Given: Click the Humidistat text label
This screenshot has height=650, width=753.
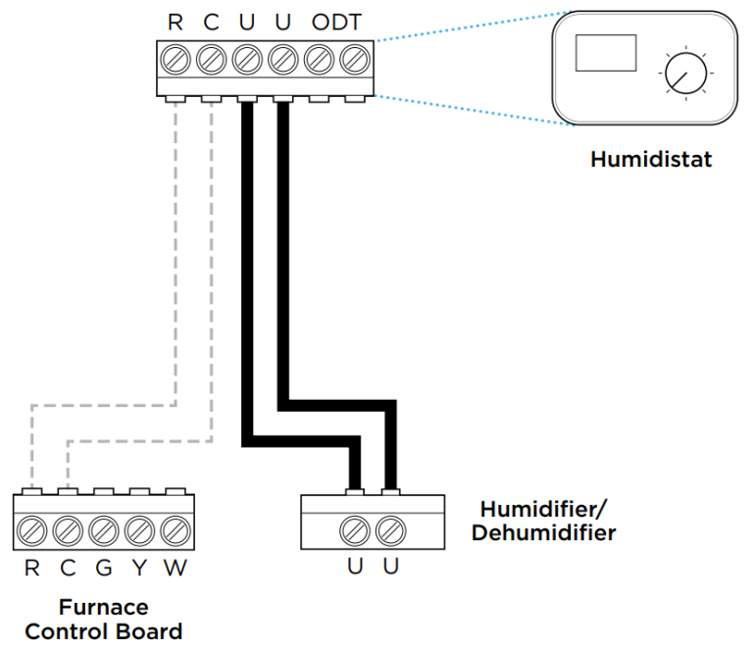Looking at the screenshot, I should [650, 159].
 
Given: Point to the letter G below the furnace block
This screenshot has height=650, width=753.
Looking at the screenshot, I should [103, 569].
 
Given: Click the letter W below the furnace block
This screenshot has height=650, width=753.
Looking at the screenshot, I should [174, 569].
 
